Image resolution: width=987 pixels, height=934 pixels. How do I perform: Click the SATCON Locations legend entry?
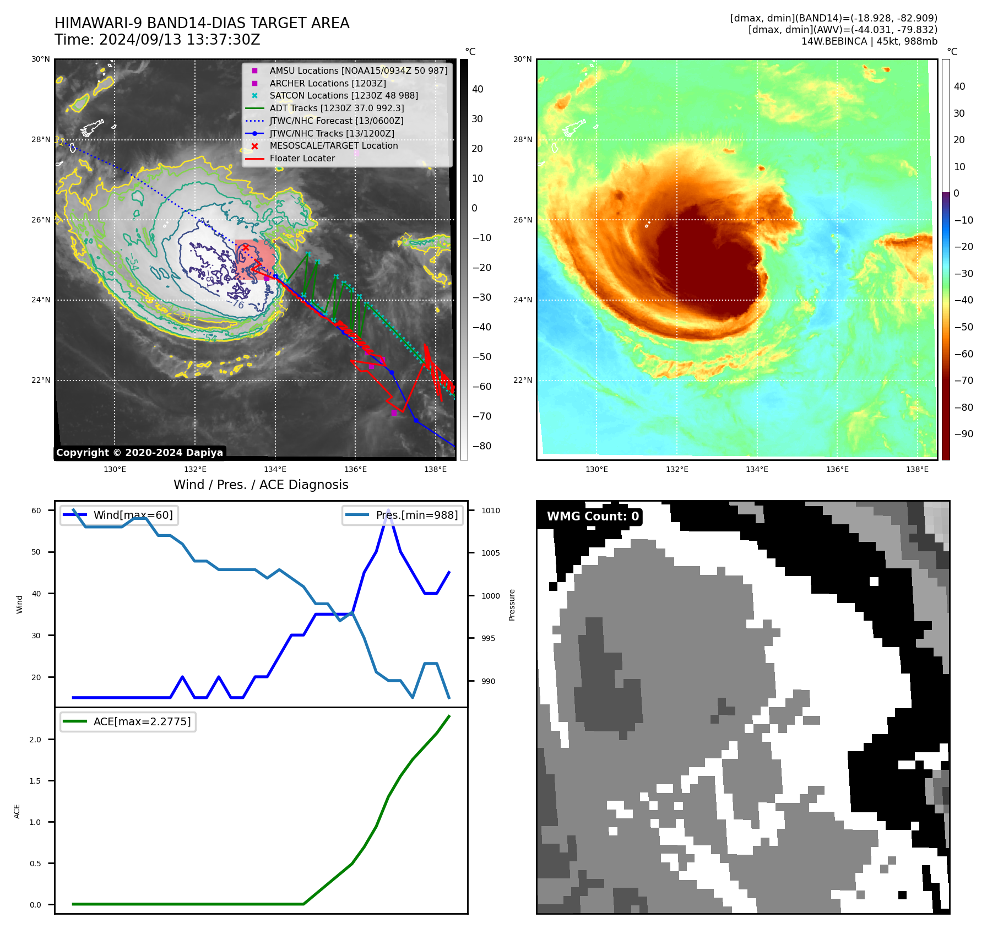coord(344,96)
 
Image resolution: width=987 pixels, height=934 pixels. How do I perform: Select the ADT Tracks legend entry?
coord(337,108)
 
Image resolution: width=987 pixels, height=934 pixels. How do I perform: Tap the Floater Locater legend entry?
coord(302,159)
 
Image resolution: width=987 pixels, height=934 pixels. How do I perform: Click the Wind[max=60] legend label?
coord(133,515)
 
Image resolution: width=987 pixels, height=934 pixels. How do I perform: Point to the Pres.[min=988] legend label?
coord(416,515)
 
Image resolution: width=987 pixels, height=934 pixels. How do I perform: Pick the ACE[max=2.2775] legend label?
coord(142,722)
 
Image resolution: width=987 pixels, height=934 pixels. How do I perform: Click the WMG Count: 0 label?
coord(593,517)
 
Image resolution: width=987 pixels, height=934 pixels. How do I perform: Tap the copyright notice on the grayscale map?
coord(139,453)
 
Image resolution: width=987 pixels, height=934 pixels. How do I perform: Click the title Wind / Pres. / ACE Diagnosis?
coord(261,485)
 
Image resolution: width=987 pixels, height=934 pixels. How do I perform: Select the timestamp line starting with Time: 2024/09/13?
coord(158,40)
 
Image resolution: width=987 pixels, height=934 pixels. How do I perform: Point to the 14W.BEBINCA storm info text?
coord(869,41)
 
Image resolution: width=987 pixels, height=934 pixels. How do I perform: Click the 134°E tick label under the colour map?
coord(757,470)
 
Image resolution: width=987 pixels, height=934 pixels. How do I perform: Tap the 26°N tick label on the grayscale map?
coord(41,220)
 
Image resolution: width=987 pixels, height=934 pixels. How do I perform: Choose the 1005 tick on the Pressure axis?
coord(491,553)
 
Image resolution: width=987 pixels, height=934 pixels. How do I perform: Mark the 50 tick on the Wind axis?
coord(36,552)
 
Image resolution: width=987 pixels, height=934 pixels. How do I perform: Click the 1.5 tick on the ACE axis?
coord(35,781)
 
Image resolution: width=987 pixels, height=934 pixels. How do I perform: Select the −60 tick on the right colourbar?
coord(963,354)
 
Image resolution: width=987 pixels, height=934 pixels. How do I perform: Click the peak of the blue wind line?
coord(389,511)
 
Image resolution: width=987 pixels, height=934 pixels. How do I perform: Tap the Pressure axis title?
coord(512,605)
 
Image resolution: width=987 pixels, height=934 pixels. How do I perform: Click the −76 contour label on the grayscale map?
coord(236,303)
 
